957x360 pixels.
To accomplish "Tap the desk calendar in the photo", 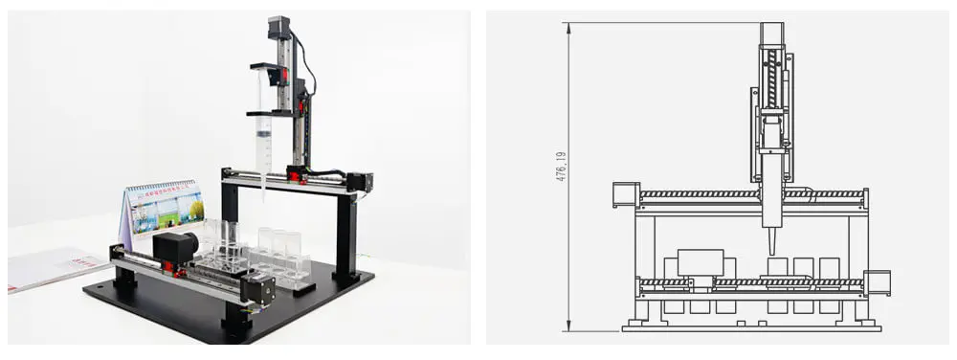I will [x=166, y=207].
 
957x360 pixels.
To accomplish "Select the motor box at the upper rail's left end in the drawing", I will [x=623, y=194].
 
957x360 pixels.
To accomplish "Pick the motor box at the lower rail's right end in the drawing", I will [x=878, y=282].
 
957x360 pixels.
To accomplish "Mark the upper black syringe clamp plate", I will [x=271, y=67].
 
